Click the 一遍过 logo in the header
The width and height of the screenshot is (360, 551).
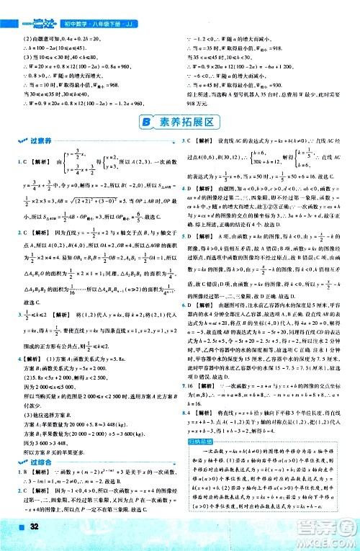24,8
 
